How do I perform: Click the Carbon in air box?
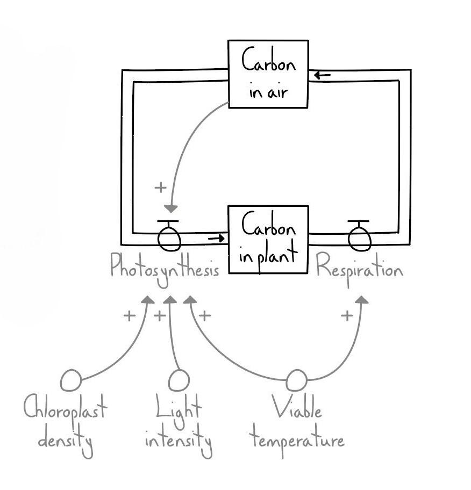click(x=268, y=74)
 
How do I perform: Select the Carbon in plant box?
click(x=268, y=239)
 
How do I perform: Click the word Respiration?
click(x=359, y=267)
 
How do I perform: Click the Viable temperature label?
click(x=297, y=428)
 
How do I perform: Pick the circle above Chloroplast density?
click(x=71, y=380)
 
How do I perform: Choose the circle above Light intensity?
click(x=179, y=380)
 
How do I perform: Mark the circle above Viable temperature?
click(x=296, y=380)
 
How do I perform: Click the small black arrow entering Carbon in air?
click(x=322, y=75)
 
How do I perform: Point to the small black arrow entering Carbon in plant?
click(x=216, y=238)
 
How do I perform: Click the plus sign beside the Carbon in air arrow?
click(x=160, y=188)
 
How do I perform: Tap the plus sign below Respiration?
click(x=347, y=316)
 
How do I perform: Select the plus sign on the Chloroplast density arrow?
click(x=129, y=316)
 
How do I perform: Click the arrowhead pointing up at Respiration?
click(x=362, y=299)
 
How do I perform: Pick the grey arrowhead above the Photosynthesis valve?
click(x=171, y=208)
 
